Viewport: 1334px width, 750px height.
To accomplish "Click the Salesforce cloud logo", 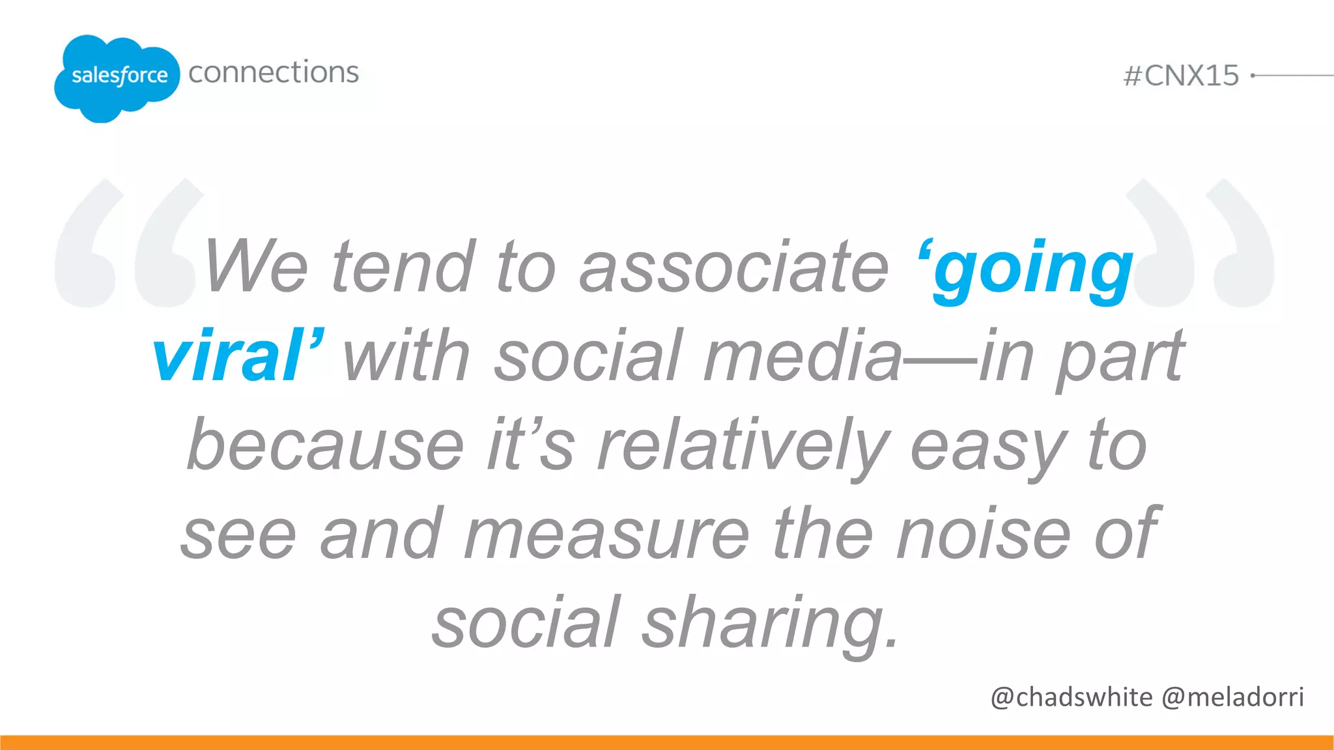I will tap(117, 77).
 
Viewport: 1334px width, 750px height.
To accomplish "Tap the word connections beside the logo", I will tap(274, 72).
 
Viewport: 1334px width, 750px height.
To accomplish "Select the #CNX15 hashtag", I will tap(1181, 76).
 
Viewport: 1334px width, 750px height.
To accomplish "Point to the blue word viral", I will tap(228, 356).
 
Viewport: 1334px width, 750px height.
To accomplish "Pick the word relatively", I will tap(743, 447).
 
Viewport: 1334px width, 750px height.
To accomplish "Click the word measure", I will tap(606, 535).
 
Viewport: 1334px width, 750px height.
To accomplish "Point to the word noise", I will tap(984, 535).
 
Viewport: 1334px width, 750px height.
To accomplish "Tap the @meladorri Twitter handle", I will tap(1233, 697).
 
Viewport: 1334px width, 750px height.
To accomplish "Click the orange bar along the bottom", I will tap(667, 742).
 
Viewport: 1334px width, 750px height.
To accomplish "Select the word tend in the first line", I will tap(404, 267).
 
